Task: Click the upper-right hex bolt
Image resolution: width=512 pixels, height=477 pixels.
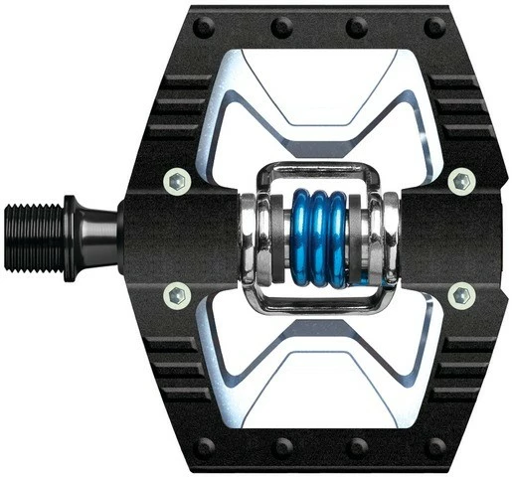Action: [x=461, y=181]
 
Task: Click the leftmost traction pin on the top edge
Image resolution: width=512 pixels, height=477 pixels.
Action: [x=212, y=26]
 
